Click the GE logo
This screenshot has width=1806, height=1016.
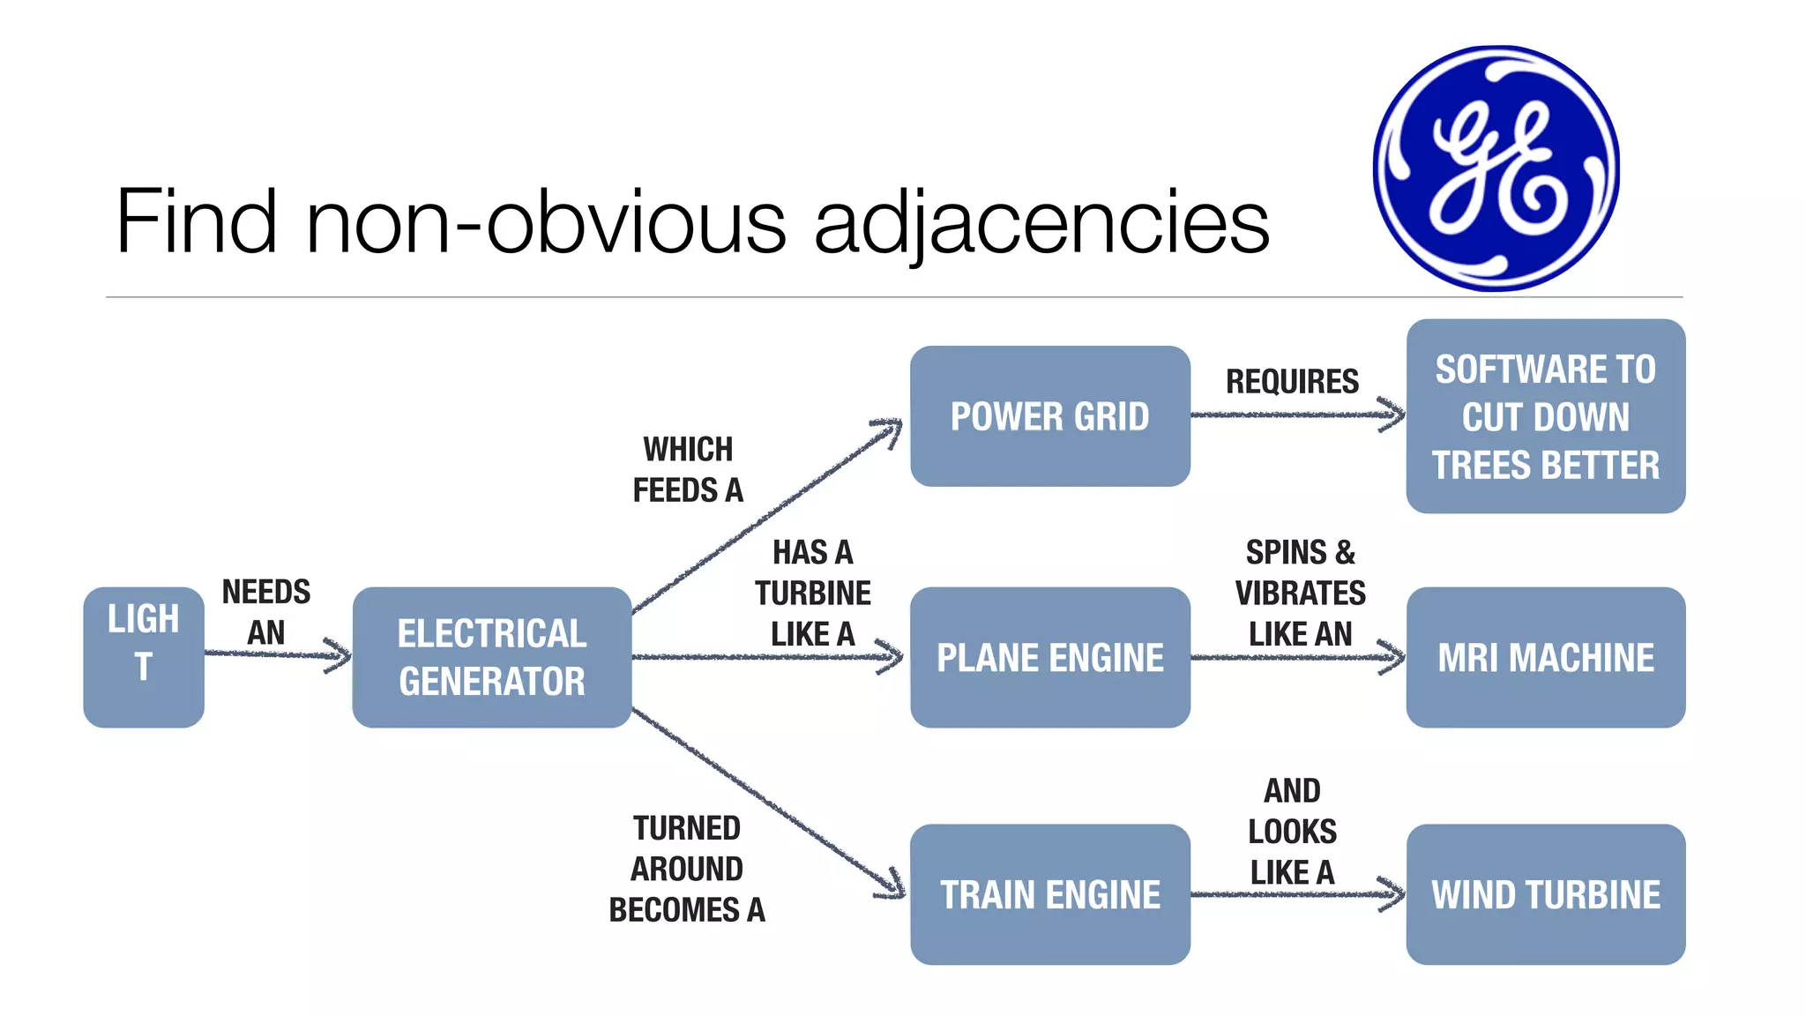pyautogui.click(x=1496, y=168)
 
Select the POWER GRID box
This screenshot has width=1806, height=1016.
pyautogui.click(x=1049, y=416)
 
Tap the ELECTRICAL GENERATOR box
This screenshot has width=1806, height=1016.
pyautogui.click(x=491, y=657)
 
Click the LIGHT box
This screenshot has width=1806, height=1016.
pyautogui.click(x=144, y=657)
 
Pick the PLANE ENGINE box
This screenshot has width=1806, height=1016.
pyautogui.click(x=1049, y=657)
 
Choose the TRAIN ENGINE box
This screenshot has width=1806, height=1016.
pyautogui.click(x=1049, y=894)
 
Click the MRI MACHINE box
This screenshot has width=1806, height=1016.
pyautogui.click(x=1545, y=657)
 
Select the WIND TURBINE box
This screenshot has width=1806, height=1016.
pyautogui.click(x=1545, y=894)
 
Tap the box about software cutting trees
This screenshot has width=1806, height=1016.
pyautogui.click(x=1545, y=416)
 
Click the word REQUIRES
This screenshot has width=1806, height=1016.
pyautogui.click(x=1292, y=382)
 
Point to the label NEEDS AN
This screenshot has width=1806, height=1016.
pyautogui.click(x=265, y=611)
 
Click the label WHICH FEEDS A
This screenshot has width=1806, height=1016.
pyautogui.click(x=688, y=469)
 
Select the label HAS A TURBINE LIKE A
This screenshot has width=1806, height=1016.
pyautogui.click(x=812, y=593)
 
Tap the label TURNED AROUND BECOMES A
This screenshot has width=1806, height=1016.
pyautogui.click(x=687, y=869)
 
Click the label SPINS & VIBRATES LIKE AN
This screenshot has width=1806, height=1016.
pyautogui.click(x=1300, y=593)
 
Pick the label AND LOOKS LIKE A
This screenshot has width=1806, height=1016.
pyautogui.click(x=1292, y=831)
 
